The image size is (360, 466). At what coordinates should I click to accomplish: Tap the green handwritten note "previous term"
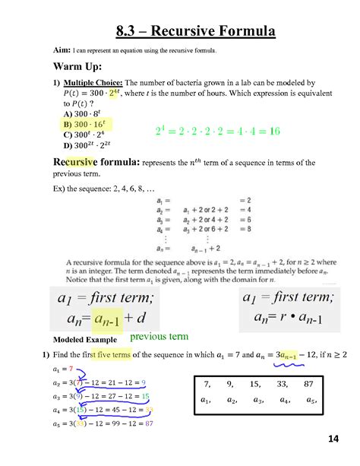tap(159, 336)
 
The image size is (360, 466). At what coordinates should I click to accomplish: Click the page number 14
tap(333, 439)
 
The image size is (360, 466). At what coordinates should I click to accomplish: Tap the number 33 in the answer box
tap(284, 383)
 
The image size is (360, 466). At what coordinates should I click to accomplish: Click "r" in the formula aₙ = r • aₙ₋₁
tap(280, 315)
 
